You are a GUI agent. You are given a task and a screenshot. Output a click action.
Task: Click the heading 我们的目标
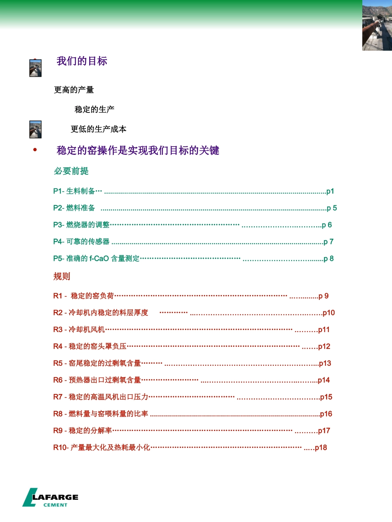82,61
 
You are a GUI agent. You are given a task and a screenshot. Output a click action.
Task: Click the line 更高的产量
74,89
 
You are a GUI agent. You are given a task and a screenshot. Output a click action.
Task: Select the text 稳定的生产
94,109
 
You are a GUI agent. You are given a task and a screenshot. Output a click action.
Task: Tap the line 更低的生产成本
99,129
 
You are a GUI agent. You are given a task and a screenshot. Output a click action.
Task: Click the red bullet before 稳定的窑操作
35,150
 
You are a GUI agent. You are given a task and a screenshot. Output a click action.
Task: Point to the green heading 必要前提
71,171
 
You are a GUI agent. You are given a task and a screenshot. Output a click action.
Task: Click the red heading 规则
62,276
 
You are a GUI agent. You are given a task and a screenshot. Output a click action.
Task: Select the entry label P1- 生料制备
74,191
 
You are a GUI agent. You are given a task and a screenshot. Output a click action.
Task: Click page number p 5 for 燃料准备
332,208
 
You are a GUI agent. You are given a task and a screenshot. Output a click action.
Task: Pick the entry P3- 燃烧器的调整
82,225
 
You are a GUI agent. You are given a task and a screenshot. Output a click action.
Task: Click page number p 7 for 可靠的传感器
328,242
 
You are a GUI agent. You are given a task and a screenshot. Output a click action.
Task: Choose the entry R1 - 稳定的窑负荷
84,296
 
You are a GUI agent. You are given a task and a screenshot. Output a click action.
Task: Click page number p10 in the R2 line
328,313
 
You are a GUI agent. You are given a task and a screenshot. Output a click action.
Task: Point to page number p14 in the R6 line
324,380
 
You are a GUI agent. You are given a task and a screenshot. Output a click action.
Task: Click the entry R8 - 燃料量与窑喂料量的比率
101,414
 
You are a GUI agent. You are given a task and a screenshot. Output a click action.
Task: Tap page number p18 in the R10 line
321,448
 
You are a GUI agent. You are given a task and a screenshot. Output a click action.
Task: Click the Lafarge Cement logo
50,498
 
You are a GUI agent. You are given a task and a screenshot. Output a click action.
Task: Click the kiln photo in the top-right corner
377,26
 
